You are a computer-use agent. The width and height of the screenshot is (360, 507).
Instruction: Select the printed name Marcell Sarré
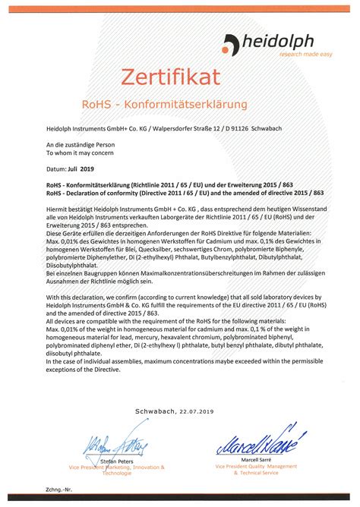click(245, 458)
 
